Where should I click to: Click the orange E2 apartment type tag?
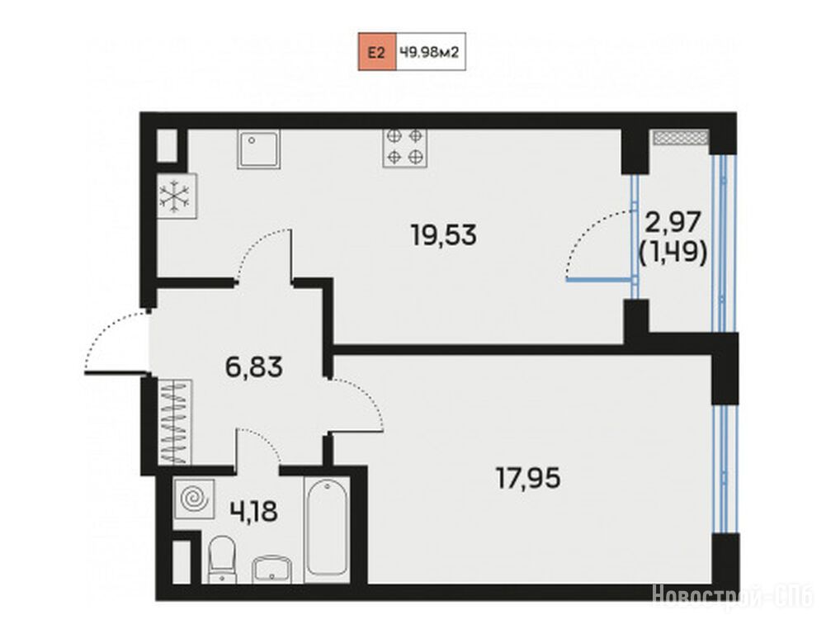point(377,52)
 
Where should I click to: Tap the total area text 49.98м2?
point(429,52)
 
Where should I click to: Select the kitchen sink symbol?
point(258,149)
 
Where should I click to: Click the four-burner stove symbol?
point(405,148)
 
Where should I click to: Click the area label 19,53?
point(444,235)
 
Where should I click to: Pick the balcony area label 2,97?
point(673,221)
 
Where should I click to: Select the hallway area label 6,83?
point(254,367)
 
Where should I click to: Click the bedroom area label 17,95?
point(528,479)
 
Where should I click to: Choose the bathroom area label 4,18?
point(253,510)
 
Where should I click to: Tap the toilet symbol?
point(222,560)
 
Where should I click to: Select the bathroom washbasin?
point(271,570)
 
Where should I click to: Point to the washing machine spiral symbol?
point(194,497)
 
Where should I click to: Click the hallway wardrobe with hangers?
point(174,423)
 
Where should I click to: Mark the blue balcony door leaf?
point(599,280)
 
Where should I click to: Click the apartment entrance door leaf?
point(116,374)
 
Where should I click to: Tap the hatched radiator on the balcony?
point(680,138)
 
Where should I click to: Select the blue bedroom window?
point(725,469)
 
